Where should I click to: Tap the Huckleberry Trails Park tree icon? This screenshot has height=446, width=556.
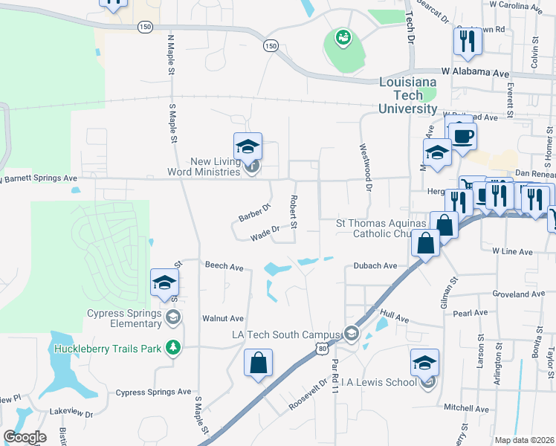(x=173, y=348)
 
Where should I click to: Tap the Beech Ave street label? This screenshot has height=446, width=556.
(x=224, y=266)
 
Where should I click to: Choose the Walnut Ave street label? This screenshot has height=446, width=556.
(x=223, y=318)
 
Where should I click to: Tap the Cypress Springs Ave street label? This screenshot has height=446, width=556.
(x=153, y=392)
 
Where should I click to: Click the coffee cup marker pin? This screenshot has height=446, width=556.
(x=462, y=138)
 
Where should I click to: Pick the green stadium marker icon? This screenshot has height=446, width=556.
(x=343, y=37)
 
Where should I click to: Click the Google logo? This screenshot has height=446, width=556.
(x=25, y=437)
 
